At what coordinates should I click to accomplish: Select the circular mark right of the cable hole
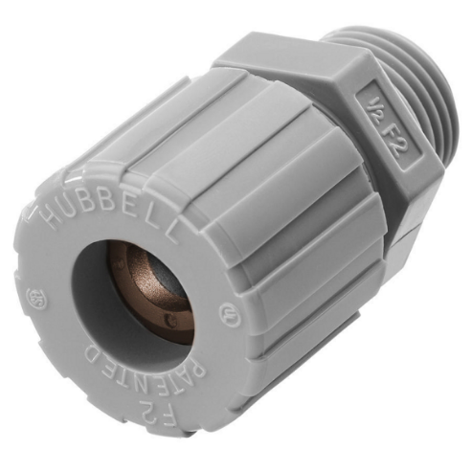pyautogui.click(x=227, y=311)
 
